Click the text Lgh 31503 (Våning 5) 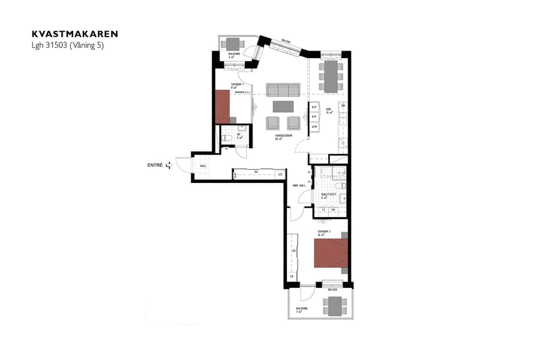[x=68, y=46]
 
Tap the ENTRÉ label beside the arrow [x=155, y=165]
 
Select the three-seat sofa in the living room [x=283, y=90]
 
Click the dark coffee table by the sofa [x=283, y=106]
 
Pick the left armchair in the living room [x=273, y=122]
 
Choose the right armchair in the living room [x=293, y=122]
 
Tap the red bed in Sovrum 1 [x=223, y=107]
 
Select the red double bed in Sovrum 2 [x=331, y=253]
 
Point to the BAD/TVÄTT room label [x=328, y=195]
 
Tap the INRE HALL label [x=299, y=186]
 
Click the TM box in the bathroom [x=333, y=210]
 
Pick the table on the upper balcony [x=233, y=43]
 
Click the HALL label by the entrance [x=203, y=166]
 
